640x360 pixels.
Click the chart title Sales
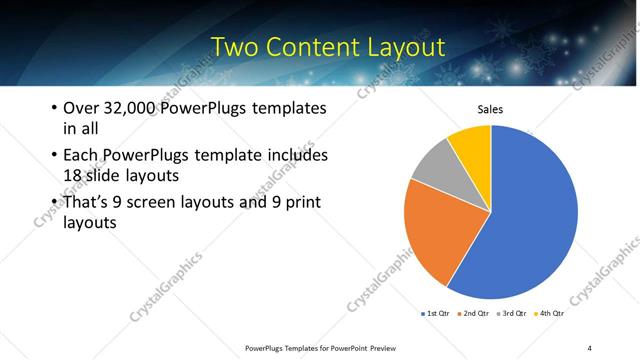[489, 109]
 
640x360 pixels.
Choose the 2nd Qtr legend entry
[474, 314]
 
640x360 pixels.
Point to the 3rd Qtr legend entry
[513, 314]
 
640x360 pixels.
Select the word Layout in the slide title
[406, 47]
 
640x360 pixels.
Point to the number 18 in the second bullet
[75, 177]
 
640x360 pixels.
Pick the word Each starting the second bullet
[82, 156]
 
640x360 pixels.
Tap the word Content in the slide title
[319, 47]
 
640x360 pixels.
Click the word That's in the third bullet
[88, 203]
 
